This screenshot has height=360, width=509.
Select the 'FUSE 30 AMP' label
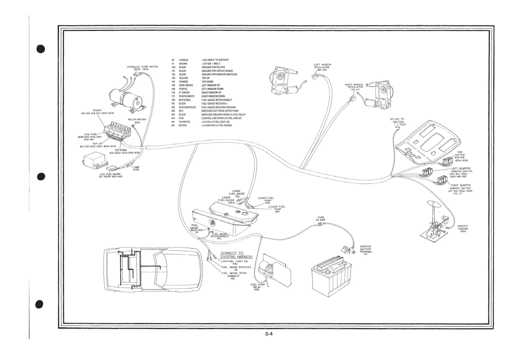coord(321,219)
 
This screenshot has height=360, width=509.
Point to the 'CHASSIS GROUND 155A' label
coord(462,229)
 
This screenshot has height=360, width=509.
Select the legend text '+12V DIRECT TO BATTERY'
coord(215,60)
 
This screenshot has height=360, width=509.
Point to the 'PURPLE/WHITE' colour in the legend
coord(187,96)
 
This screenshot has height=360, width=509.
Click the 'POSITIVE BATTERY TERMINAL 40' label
coord(366,250)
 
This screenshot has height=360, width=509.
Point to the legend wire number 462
coord(173,126)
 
